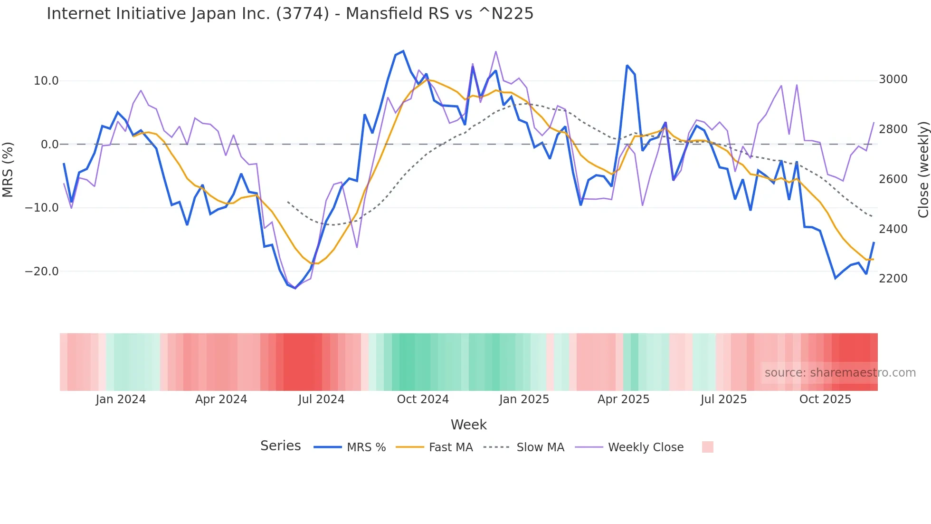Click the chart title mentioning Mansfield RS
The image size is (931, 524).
[x=290, y=14]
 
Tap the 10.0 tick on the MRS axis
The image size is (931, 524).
[x=46, y=81]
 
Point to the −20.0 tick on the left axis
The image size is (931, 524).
[x=42, y=272]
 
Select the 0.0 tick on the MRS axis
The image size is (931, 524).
[x=50, y=145]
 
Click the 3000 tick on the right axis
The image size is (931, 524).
[x=893, y=79]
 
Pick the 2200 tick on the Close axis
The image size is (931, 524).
[x=893, y=279]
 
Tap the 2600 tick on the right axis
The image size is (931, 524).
[x=893, y=179]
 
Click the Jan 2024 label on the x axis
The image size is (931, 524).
[x=121, y=399]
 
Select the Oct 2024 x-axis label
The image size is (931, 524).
[x=423, y=399]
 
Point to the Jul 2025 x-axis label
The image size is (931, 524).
[x=723, y=399]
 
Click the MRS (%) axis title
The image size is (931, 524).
[x=8, y=169]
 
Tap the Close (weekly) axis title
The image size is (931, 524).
[x=923, y=170]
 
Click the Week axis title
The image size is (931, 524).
[x=468, y=425]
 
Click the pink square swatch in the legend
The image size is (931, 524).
[x=707, y=447]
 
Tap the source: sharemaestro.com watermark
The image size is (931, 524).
[x=840, y=373]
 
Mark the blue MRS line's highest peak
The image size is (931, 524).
[x=403, y=51]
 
